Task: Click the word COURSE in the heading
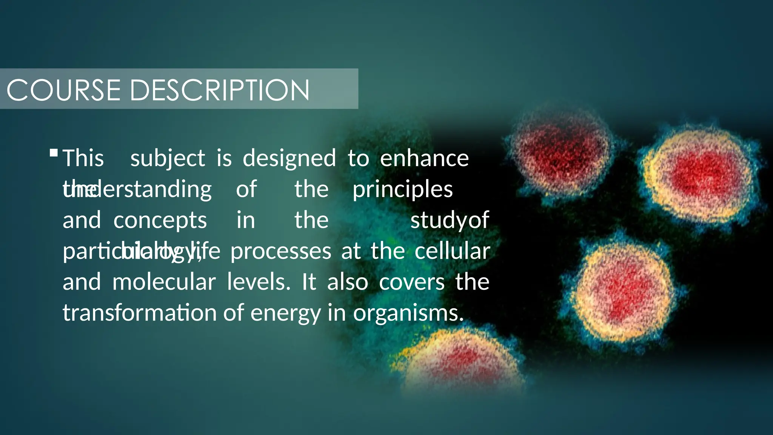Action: pyautogui.click(x=63, y=90)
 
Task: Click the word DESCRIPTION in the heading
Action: pyautogui.click(x=220, y=90)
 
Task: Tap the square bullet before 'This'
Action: pyautogui.click(x=54, y=153)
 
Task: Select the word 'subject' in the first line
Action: pyautogui.click(x=168, y=159)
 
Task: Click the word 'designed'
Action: pyautogui.click(x=289, y=159)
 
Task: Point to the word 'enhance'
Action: pyautogui.click(x=424, y=159)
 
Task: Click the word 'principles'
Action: pyautogui.click(x=402, y=190)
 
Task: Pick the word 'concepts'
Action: pyautogui.click(x=160, y=221)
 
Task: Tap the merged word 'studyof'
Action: pyautogui.click(x=450, y=221)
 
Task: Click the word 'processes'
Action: pyautogui.click(x=281, y=251)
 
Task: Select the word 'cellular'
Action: pyautogui.click(x=452, y=251)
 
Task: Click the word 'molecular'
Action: pyautogui.click(x=164, y=282)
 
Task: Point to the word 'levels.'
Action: pyautogui.click(x=259, y=282)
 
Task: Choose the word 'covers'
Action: pyautogui.click(x=412, y=282)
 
